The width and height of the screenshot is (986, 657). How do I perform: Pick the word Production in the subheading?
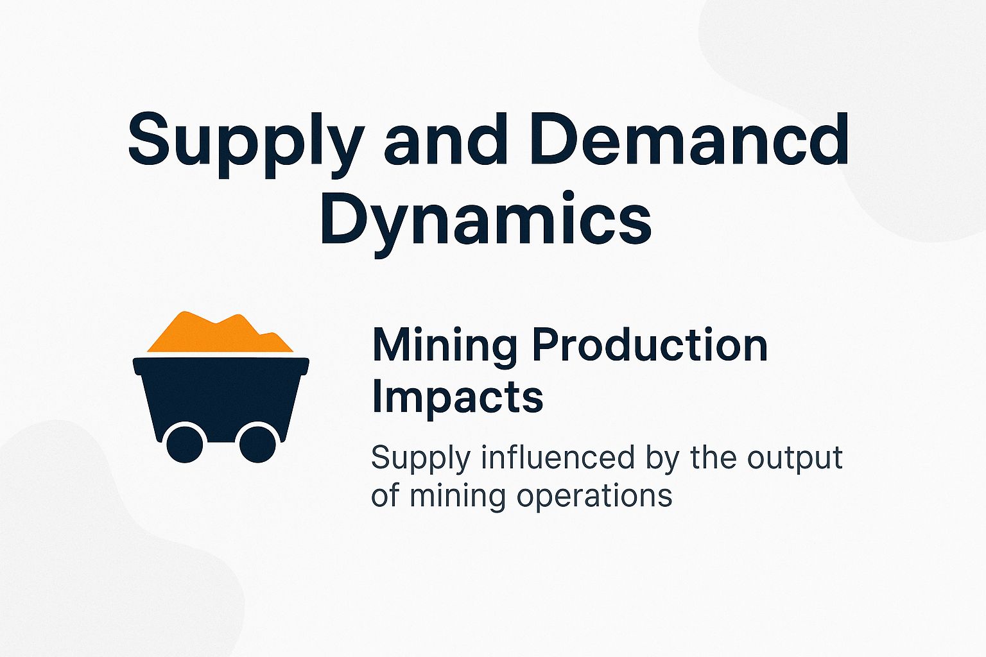pyautogui.click(x=650, y=346)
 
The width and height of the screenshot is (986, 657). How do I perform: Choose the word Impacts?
pyautogui.click(x=457, y=398)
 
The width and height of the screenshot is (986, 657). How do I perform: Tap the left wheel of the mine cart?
pyautogui.click(x=185, y=443)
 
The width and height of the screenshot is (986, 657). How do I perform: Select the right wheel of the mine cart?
pyautogui.click(x=257, y=443)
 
